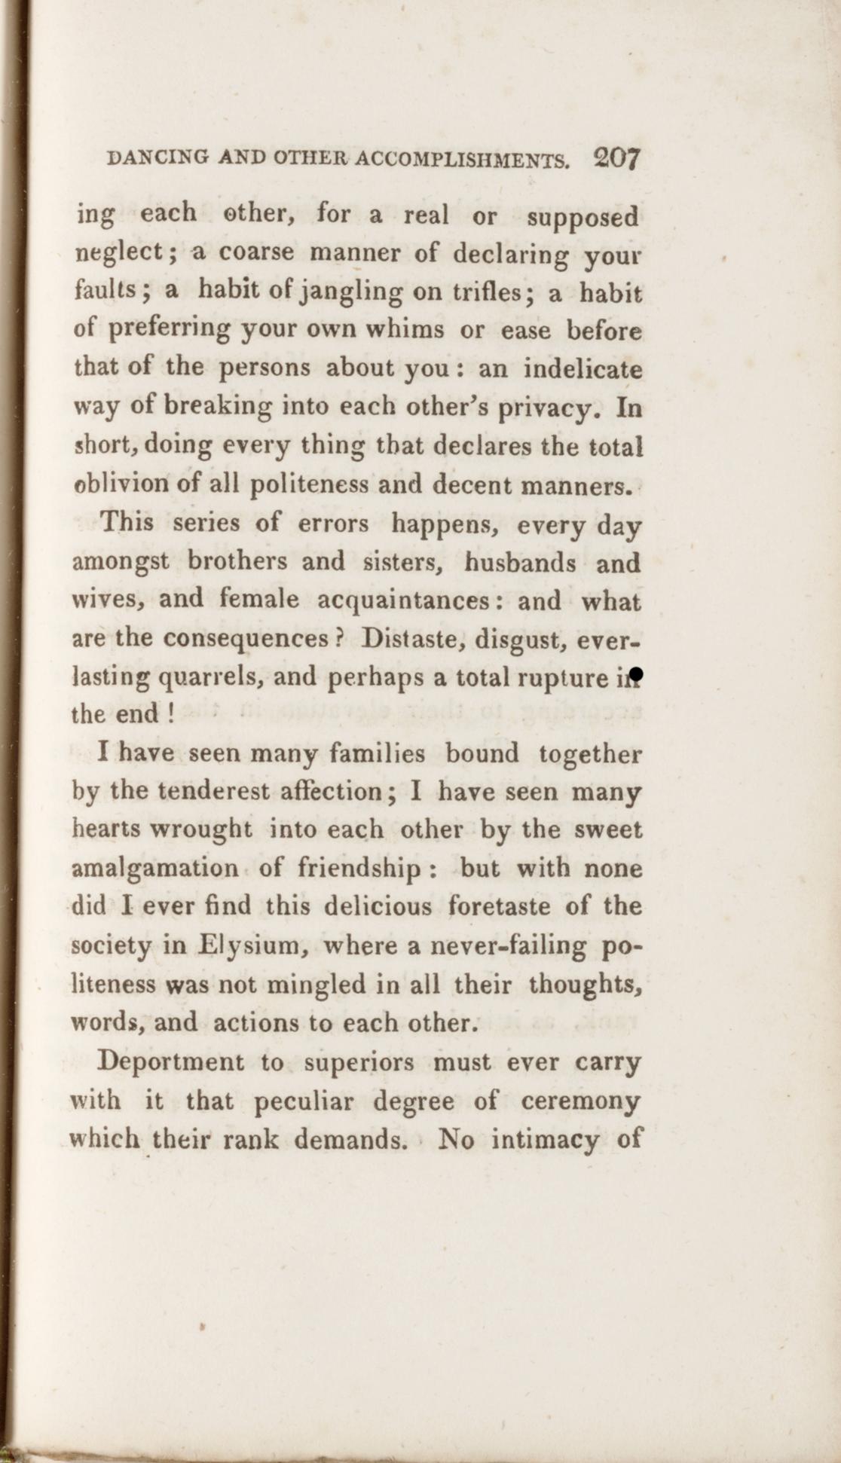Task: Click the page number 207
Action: coord(616,160)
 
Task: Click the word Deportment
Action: coord(172,1062)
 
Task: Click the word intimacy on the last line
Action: coord(548,1140)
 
